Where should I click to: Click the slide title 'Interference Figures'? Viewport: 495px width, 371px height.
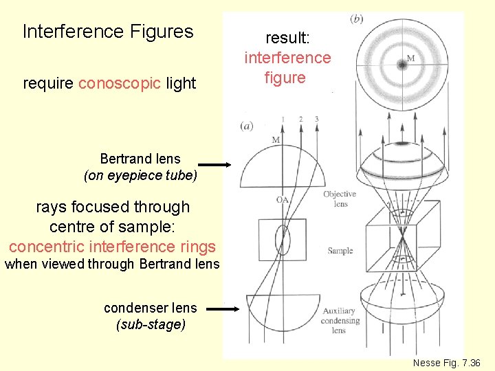[108, 32]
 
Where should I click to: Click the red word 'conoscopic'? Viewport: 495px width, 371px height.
[120, 84]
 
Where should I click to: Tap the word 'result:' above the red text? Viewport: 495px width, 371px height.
[287, 38]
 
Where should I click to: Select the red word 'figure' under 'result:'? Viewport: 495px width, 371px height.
[285, 78]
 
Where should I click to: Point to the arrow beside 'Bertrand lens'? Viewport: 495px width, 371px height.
[215, 164]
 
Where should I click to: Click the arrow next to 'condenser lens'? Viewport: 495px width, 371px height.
[224, 309]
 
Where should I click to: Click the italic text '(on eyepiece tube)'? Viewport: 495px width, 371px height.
[140, 176]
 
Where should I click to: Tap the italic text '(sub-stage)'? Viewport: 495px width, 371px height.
[151, 324]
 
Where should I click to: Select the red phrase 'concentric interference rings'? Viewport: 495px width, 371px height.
[112, 247]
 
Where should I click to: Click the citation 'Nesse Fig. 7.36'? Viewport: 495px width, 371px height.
[446, 362]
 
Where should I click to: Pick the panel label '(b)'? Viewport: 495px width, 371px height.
[356, 19]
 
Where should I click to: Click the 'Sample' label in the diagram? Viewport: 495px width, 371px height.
[340, 251]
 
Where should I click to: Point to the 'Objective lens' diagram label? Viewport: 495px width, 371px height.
[339, 199]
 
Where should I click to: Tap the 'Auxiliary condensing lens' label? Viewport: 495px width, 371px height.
[340, 321]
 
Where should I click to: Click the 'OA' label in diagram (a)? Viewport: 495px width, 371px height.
[283, 200]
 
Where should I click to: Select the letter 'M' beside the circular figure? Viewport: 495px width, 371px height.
[411, 58]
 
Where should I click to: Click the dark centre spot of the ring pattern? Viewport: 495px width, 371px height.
[400, 65]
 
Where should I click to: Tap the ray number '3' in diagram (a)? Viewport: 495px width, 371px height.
[316, 120]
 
